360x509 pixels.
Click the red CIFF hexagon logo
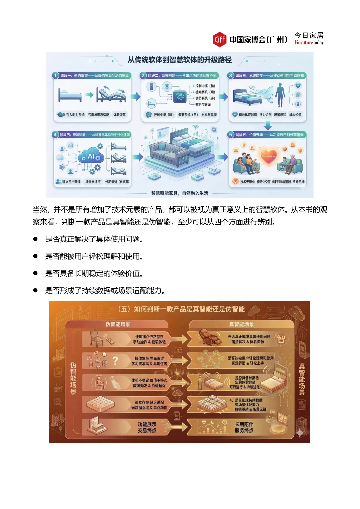[x=219, y=40]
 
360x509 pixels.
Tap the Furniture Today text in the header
[x=309, y=43]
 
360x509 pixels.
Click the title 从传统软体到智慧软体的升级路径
[x=180, y=60]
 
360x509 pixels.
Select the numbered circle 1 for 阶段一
[x=56, y=76]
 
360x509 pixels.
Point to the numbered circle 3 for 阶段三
[x=231, y=76]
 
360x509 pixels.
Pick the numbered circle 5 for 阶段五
[x=231, y=135]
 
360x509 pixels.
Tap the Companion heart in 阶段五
[x=269, y=156]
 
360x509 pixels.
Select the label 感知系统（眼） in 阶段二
[x=205, y=92]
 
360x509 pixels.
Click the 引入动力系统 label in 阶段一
[x=75, y=115]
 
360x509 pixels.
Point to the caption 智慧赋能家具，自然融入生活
[x=180, y=193]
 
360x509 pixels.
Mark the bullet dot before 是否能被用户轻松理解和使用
[x=35, y=256]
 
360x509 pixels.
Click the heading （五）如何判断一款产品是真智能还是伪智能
[x=182, y=309]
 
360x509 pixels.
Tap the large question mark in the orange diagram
[x=115, y=361]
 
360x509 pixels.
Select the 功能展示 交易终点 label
[x=147, y=427]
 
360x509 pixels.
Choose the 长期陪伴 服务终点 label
[x=244, y=427]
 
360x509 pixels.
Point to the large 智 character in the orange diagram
[x=281, y=339]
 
